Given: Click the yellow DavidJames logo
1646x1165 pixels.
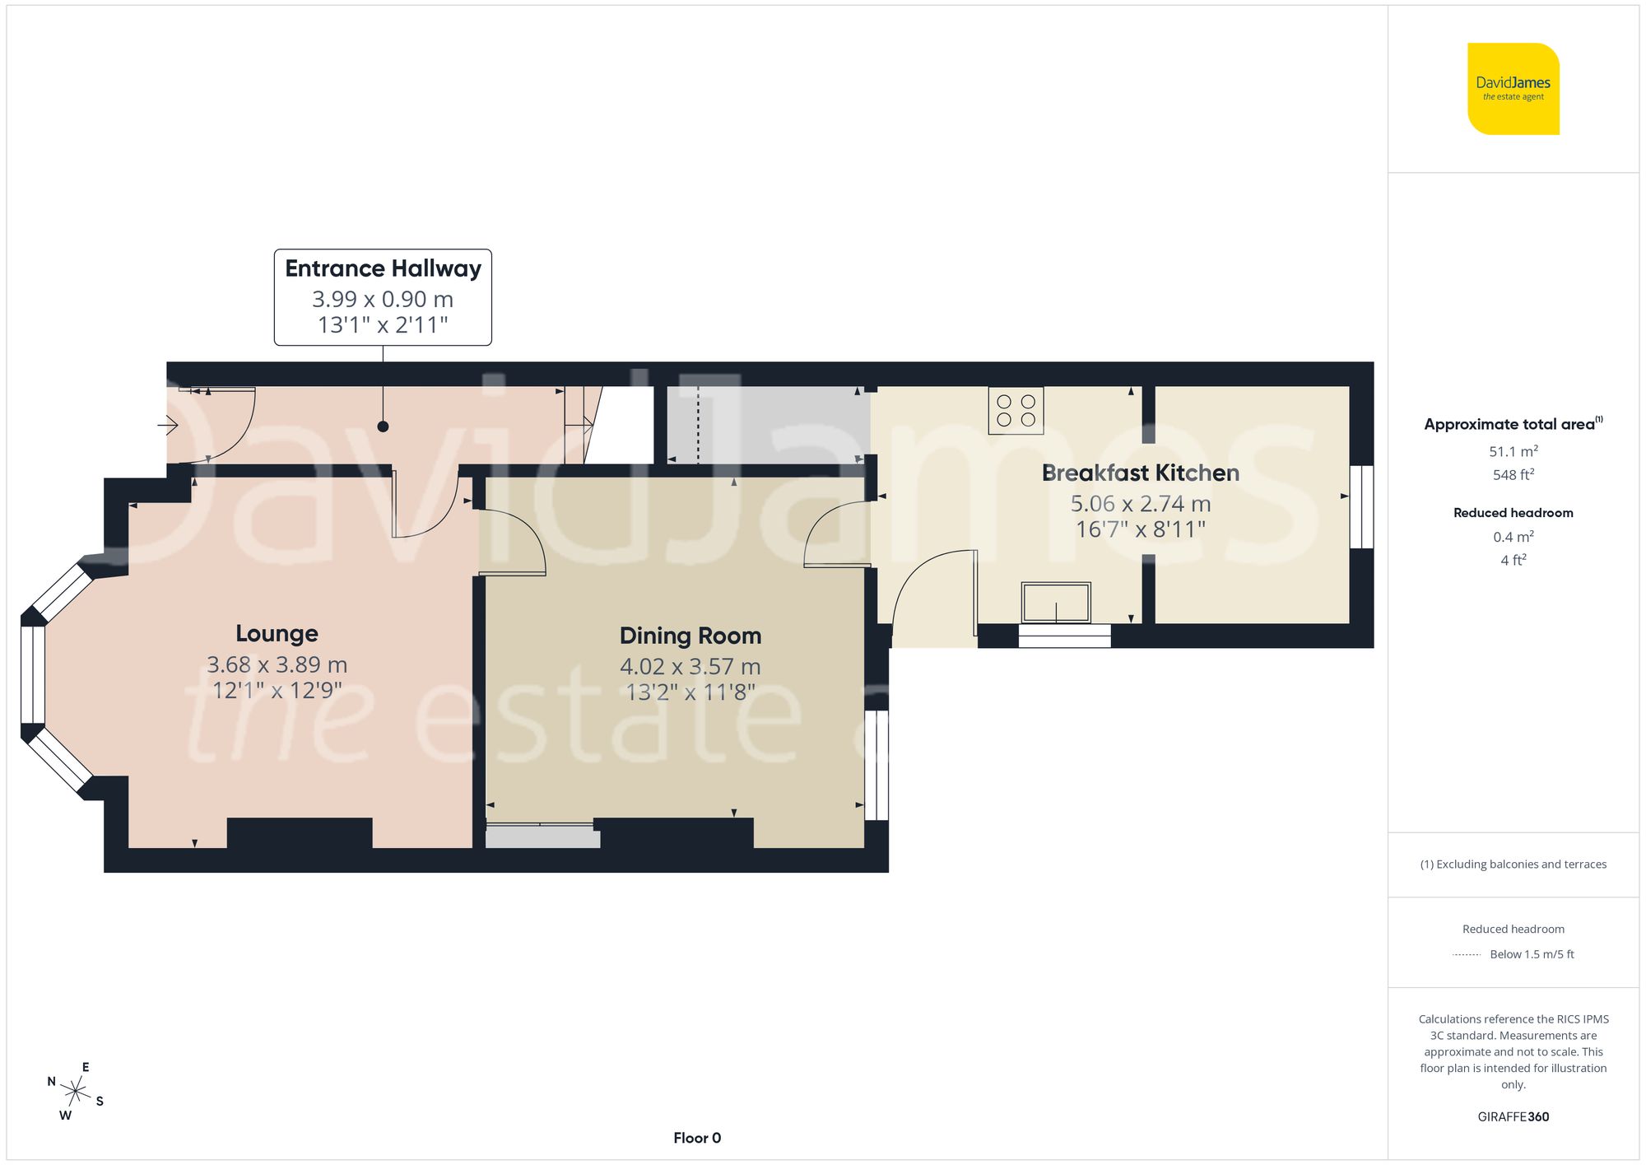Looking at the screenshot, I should point(1513,89).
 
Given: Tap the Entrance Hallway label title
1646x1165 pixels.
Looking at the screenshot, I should point(383,268).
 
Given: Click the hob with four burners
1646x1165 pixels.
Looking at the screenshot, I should point(1016,411).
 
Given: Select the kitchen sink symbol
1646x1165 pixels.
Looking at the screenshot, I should point(1056,603).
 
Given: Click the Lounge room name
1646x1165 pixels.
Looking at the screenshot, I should point(277,633).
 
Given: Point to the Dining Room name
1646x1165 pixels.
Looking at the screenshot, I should point(690,636).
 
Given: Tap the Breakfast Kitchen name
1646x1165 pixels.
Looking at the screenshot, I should point(1140,473).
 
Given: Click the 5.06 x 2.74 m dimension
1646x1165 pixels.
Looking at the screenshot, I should point(1140,503).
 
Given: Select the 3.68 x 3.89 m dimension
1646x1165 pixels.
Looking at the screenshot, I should point(277,664).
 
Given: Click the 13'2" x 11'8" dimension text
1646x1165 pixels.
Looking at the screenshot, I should point(690,692).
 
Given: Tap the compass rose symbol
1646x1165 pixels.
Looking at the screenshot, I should point(75,1092).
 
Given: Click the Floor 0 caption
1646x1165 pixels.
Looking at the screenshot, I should point(696,1138).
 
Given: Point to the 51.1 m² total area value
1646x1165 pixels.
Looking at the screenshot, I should point(1513,451).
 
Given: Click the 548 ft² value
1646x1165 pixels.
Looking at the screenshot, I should point(1513,475).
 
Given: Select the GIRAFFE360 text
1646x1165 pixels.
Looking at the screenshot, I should point(1513,1116).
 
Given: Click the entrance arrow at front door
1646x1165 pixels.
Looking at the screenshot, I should point(168,426).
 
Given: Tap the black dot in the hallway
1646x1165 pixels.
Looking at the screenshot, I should point(383,426).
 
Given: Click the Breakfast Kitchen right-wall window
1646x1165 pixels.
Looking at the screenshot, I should point(1361,506).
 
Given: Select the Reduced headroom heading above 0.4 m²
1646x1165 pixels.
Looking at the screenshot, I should point(1513,513).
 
